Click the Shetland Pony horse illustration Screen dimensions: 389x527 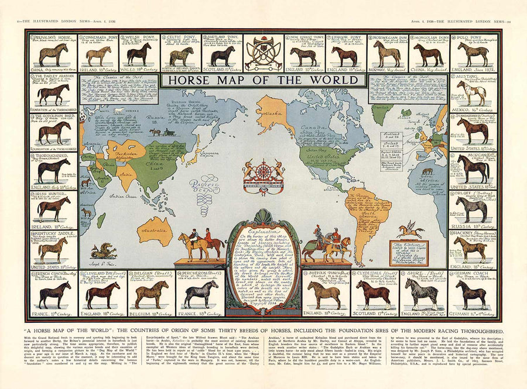click(x=223, y=56)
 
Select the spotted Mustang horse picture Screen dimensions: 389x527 click(x=472, y=92)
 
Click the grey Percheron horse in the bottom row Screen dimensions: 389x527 click(x=201, y=294)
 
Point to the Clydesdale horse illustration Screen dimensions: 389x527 click(x=373, y=294)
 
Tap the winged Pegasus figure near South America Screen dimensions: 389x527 click(x=410, y=229)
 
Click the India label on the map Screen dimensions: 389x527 click(x=124, y=171)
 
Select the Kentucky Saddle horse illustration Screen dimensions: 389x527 click(x=52, y=249)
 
